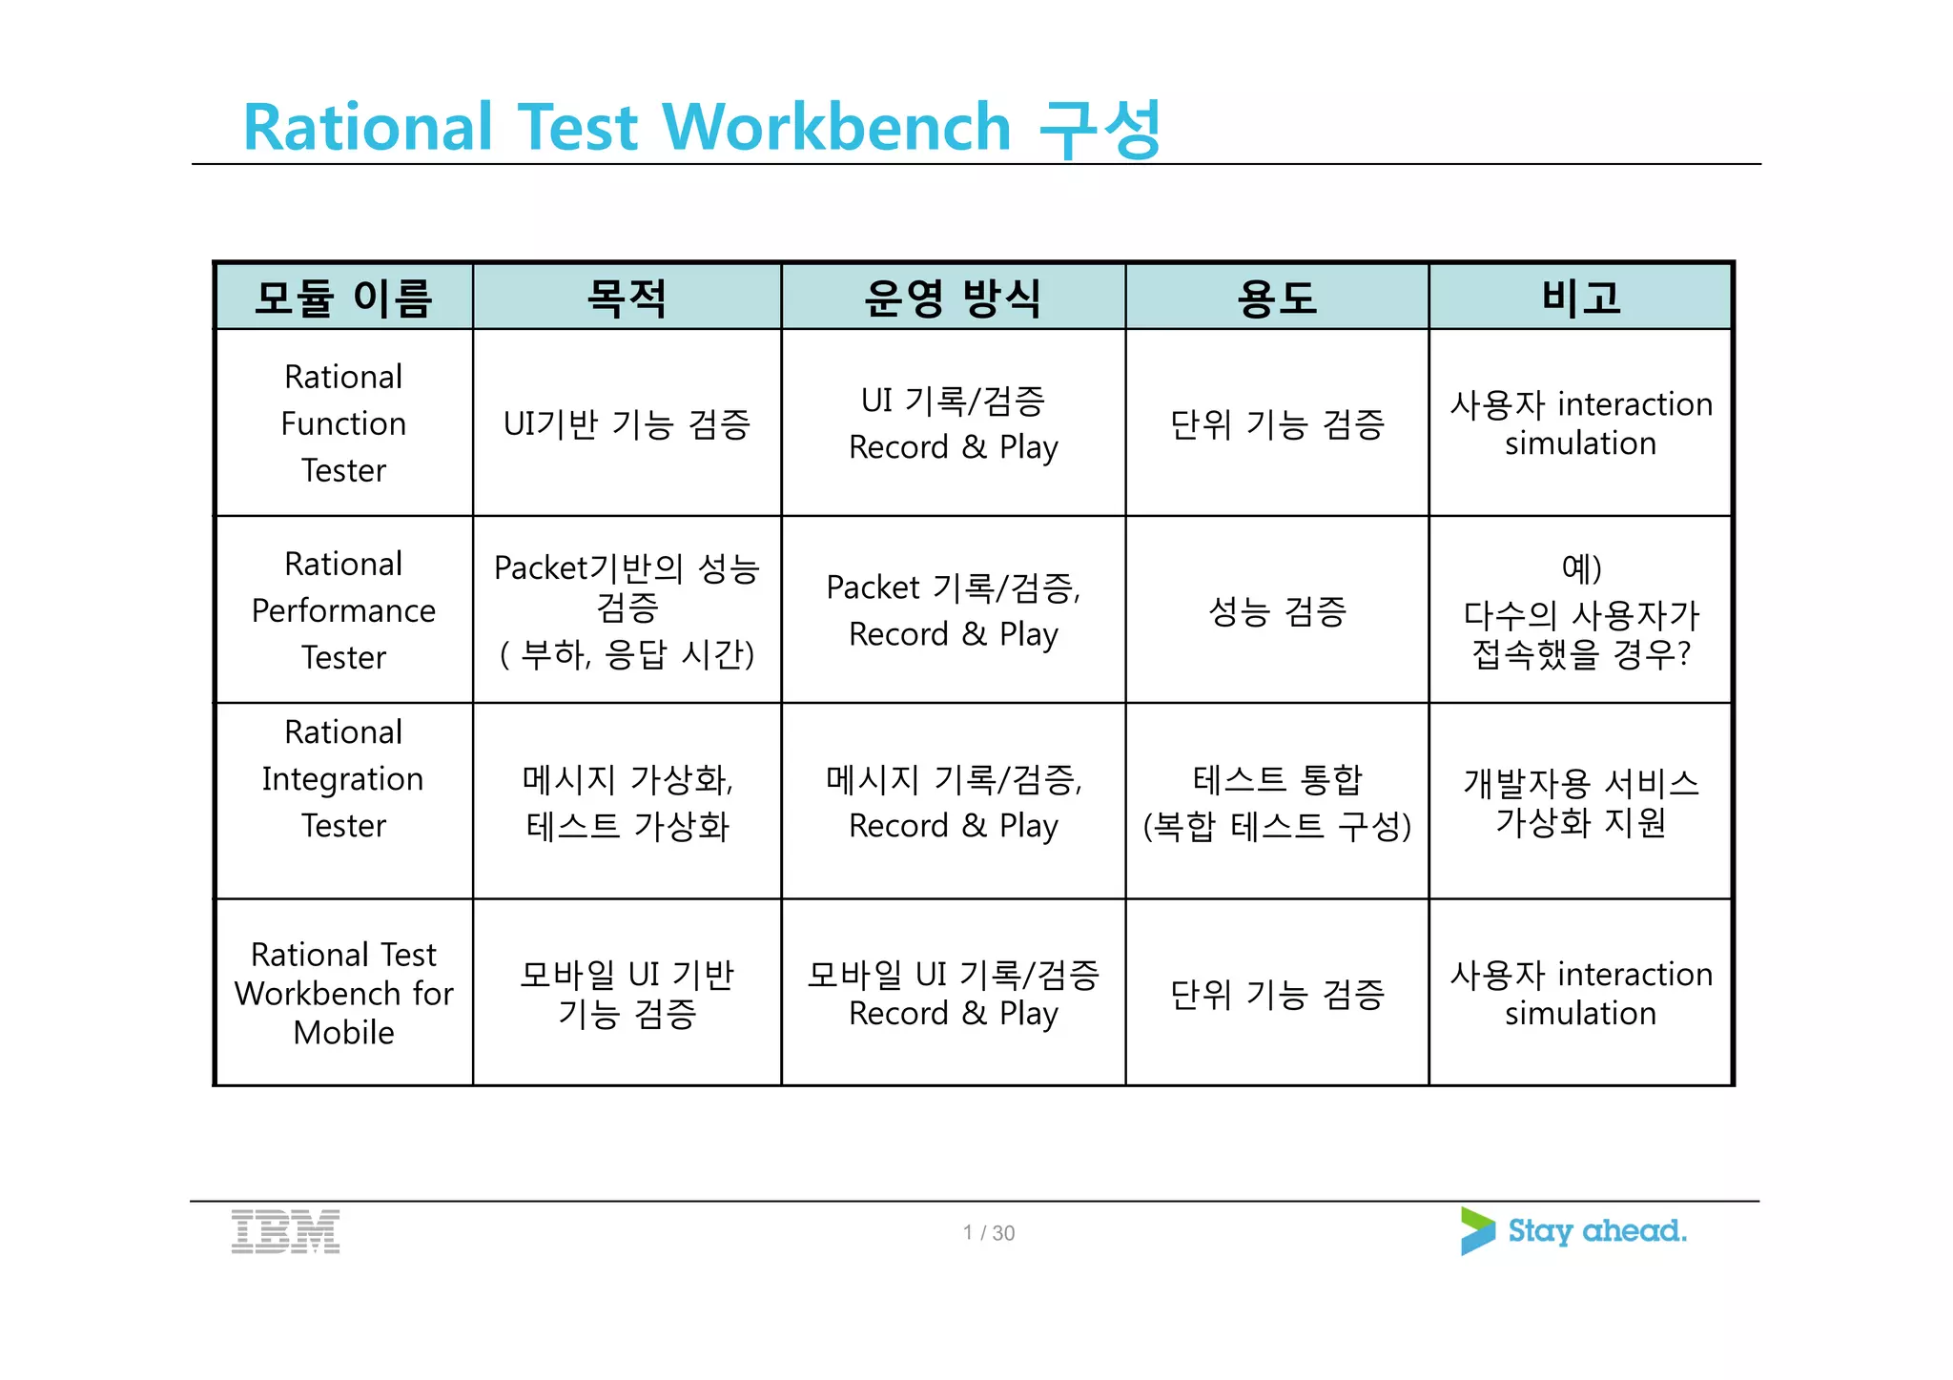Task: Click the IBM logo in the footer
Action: click(285, 1231)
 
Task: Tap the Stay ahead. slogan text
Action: click(1596, 1231)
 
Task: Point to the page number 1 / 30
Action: click(988, 1233)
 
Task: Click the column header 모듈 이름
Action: click(343, 298)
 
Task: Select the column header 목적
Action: click(627, 298)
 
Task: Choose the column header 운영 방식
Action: click(952, 298)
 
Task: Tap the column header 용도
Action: click(1276, 298)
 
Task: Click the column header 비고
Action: click(1580, 298)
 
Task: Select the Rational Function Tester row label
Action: click(343, 423)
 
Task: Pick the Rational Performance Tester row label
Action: click(343, 610)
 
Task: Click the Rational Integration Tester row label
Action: click(343, 778)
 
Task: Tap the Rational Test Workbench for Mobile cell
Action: click(343, 993)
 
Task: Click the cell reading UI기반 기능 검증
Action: click(627, 423)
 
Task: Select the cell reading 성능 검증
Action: click(1276, 611)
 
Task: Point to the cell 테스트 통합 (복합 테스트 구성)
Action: click(1276, 802)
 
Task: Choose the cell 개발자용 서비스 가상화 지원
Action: click(1580, 802)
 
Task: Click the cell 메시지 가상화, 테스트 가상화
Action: click(627, 802)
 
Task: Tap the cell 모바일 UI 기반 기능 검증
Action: click(627, 993)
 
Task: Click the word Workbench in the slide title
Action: click(835, 127)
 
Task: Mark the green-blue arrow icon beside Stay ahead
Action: click(1476, 1231)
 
